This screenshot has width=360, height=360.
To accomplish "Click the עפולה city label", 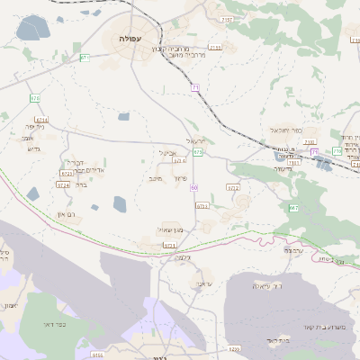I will click(x=129, y=39).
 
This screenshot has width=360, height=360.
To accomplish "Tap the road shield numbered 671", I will click(x=85, y=57).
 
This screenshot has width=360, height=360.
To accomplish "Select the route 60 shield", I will click(x=194, y=186).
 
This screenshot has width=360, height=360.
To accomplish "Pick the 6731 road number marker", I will click(x=169, y=244).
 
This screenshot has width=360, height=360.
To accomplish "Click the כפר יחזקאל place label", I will click(x=283, y=130).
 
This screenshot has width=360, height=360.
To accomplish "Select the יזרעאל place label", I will click(x=196, y=141).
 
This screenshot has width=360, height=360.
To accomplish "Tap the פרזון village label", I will click(x=180, y=177).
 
